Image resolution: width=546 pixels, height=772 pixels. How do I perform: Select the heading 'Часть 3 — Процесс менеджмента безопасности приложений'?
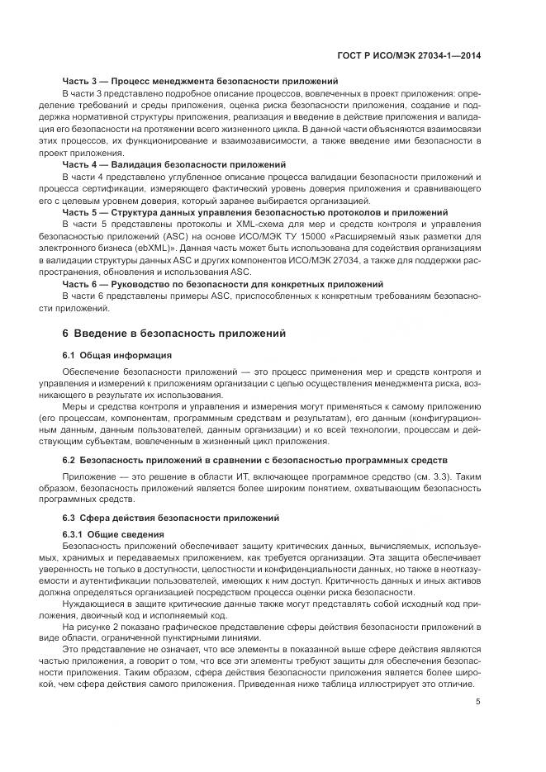tap(201, 82)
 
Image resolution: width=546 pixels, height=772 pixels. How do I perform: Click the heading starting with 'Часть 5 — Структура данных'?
tap(255, 212)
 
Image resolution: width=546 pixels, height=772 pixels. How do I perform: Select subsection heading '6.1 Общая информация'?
tap(117, 355)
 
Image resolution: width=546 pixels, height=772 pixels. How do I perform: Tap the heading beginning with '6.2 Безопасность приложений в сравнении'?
tap(255, 458)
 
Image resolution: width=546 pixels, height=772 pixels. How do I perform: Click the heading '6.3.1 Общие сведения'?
tap(113, 535)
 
